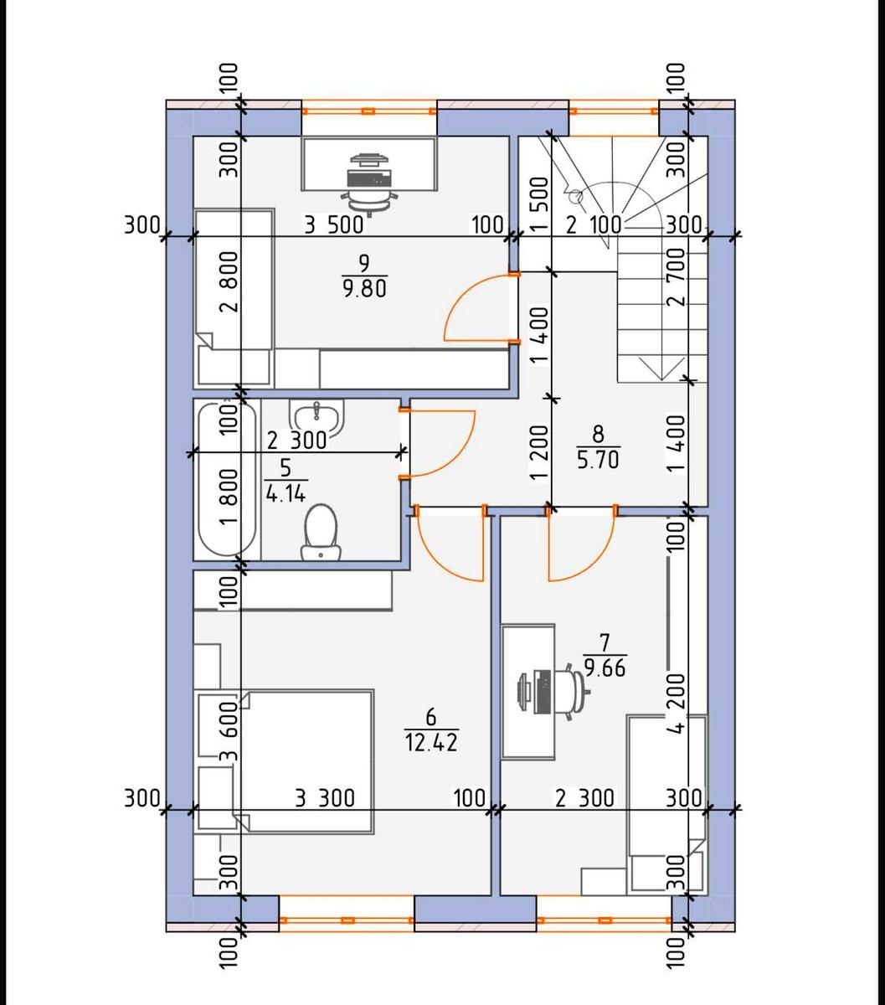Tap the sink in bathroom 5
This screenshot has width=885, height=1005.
[x=316, y=417]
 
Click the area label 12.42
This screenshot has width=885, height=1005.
[x=431, y=741]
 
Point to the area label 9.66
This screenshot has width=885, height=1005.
[x=606, y=668]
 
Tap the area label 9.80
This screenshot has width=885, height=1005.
[x=363, y=289]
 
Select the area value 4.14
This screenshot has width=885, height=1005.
[x=285, y=493]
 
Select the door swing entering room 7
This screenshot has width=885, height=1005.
[x=582, y=549]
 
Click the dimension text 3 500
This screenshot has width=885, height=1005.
[x=333, y=224]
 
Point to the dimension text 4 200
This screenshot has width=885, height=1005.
[x=677, y=703]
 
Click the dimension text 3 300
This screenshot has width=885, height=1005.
[x=325, y=798]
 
